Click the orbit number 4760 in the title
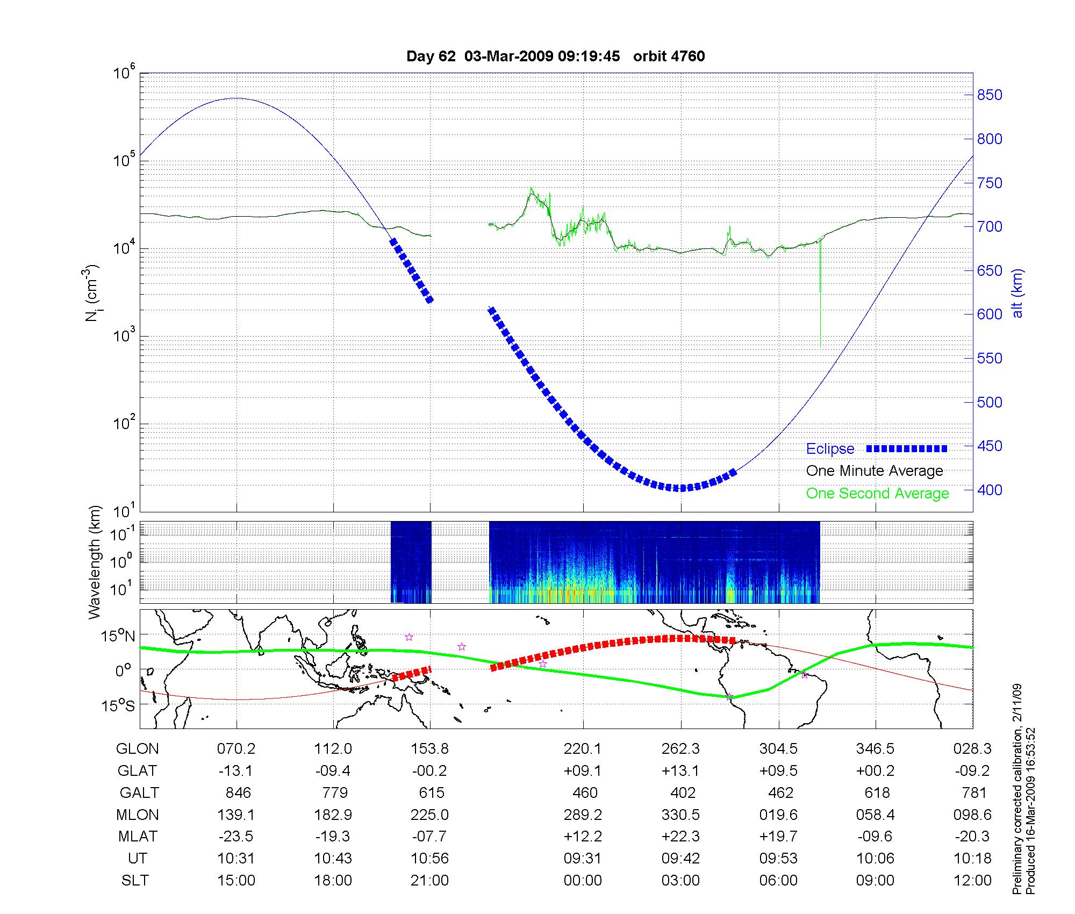pos(689,56)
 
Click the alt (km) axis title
pos(1017,293)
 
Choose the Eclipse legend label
pos(830,449)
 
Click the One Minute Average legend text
pos(875,471)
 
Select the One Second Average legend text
pos(877,494)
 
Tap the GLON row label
pos(137,749)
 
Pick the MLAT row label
pos(138,837)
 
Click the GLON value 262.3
pos(681,749)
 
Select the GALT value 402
pos(681,793)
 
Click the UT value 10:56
pos(429,859)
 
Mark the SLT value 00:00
pos(583,881)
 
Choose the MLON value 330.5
pos(681,815)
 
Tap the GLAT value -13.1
pos(235,771)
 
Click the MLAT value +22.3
pos(681,837)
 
